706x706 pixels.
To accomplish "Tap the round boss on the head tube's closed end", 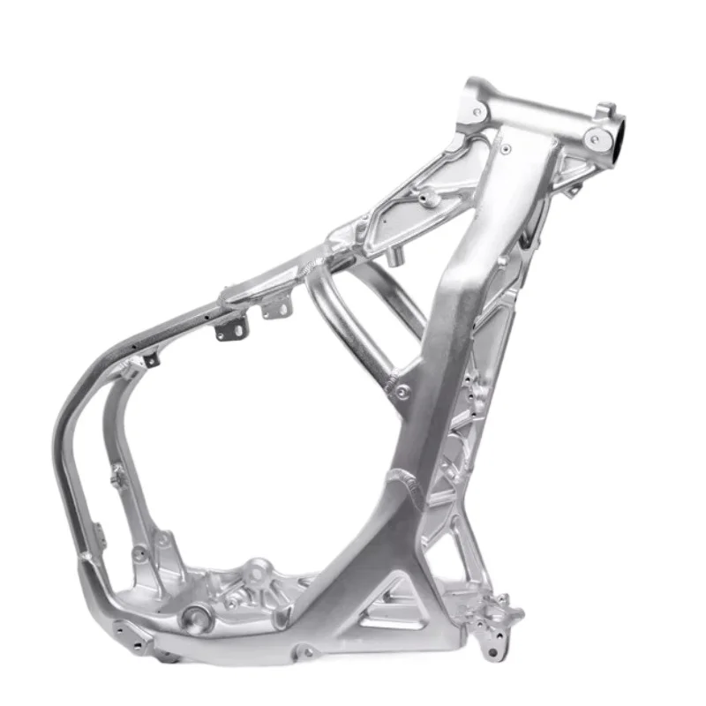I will (477, 111).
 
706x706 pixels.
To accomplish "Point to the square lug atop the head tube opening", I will (605, 111).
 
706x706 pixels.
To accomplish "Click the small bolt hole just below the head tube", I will (505, 149).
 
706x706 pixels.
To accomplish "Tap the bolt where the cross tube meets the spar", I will (402, 392).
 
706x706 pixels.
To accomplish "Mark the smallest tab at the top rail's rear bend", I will (151, 359).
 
